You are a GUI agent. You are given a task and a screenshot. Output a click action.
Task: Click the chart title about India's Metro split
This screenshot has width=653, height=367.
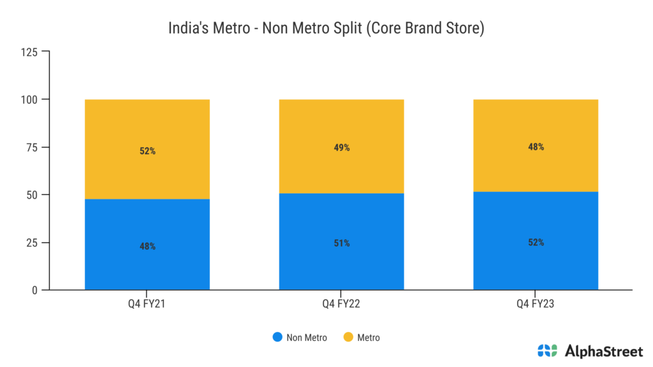tap(326, 29)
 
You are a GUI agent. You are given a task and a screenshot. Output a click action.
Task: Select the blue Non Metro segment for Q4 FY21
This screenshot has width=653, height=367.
tap(147, 268)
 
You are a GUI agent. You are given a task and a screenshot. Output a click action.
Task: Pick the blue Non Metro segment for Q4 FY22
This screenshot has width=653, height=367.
tap(341, 268)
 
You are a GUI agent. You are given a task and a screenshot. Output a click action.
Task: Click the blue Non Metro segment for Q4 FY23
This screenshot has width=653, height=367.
tap(536, 268)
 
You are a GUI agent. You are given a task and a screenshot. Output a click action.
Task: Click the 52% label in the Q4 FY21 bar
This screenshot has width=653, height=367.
tap(147, 152)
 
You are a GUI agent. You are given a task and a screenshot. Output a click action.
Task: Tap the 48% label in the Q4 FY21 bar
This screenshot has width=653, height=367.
tap(147, 246)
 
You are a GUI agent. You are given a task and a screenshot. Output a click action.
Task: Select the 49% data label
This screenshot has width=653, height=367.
tap(341, 148)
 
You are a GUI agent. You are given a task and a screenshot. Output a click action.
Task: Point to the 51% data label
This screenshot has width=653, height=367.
tap(341, 243)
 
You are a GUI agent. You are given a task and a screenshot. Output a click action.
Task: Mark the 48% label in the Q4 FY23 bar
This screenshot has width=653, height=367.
tap(536, 147)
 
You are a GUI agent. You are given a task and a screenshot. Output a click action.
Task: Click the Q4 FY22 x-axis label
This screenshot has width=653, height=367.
tap(341, 304)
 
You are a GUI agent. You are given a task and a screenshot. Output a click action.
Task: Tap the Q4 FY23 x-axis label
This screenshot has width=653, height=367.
tap(536, 304)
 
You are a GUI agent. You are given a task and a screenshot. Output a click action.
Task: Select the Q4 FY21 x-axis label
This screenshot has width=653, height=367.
tap(147, 304)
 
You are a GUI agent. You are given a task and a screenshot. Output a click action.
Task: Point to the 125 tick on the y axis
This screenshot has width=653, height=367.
tap(30, 52)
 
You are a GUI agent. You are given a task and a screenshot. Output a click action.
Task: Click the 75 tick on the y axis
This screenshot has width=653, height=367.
tap(33, 147)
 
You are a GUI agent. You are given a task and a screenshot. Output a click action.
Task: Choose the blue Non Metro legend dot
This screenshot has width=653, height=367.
tap(277, 337)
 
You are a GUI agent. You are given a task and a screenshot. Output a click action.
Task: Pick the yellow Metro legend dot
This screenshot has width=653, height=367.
tap(348, 337)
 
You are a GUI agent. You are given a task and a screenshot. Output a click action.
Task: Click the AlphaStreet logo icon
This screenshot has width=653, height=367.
tap(547, 350)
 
